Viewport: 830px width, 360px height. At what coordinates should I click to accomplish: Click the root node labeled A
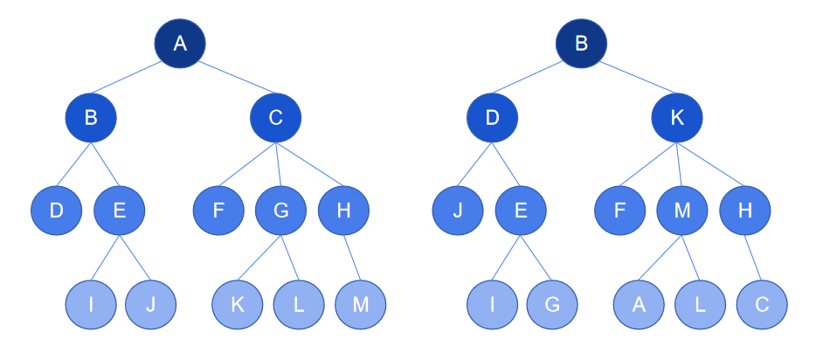(180, 44)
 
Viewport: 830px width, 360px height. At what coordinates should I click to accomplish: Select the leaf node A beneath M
(639, 304)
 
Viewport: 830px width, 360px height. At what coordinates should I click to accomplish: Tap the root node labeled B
(581, 44)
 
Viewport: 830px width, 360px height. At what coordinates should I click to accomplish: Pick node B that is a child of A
(91, 118)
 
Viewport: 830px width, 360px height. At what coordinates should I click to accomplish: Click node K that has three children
(677, 118)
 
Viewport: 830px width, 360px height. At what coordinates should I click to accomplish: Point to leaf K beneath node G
(238, 304)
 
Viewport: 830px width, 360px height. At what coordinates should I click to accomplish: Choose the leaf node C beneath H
(762, 304)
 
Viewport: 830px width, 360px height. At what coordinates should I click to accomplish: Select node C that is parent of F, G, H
(276, 118)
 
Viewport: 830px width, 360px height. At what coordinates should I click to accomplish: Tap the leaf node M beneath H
(361, 304)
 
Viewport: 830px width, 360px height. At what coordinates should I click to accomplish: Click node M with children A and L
(682, 211)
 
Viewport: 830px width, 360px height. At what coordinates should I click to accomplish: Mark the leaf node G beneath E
(552, 304)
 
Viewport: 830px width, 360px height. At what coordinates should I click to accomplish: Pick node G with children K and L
(281, 211)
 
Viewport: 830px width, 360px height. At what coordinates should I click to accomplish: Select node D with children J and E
(492, 118)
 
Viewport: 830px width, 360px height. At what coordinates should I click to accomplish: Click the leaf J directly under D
(458, 211)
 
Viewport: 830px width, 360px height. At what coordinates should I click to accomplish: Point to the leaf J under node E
(151, 304)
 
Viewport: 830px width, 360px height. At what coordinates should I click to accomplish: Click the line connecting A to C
(238, 77)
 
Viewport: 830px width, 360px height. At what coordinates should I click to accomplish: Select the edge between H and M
(353, 258)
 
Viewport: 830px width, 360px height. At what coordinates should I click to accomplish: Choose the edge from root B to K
(639, 77)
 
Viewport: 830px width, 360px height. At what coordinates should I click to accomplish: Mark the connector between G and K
(259, 259)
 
